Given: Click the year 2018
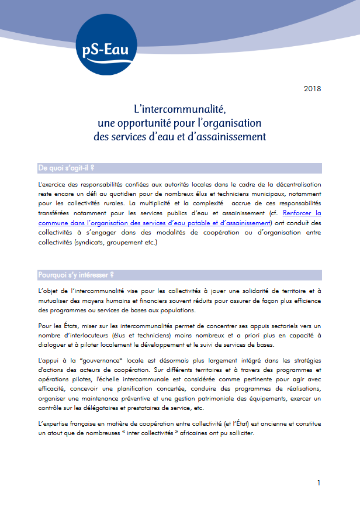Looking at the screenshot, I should (313, 89).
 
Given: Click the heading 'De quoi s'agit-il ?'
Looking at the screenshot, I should (67, 168).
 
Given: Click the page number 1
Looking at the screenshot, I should (319, 482).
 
